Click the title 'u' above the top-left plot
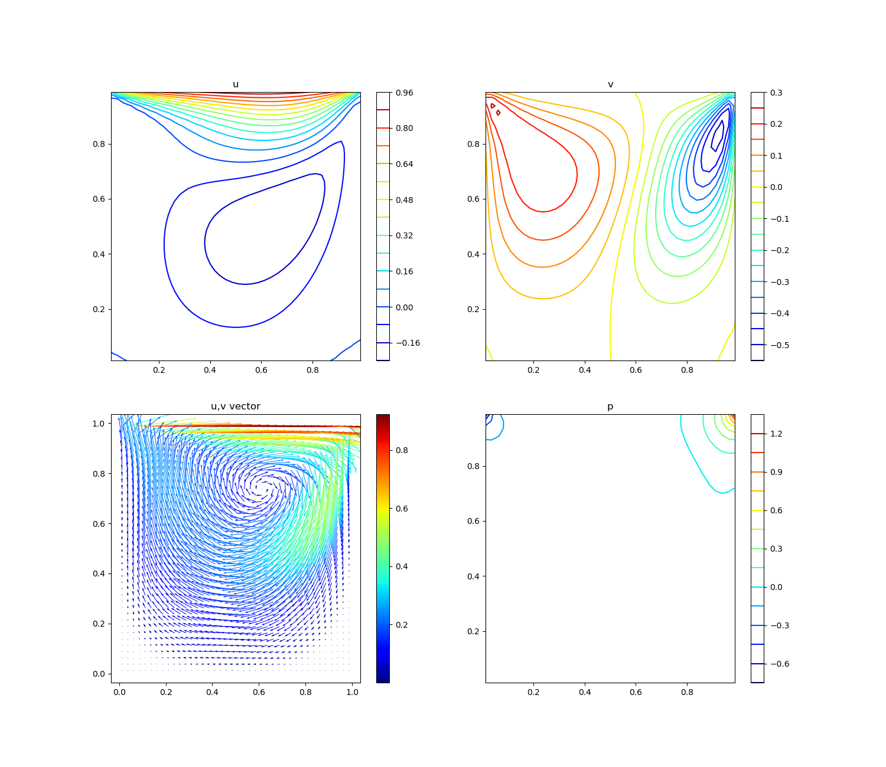click(236, 84)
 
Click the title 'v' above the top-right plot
click(610, 84)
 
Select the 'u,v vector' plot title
click(236, 407)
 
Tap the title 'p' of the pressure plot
click(610, 407)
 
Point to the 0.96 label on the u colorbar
click(405, 93)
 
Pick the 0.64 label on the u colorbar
click(405, 164)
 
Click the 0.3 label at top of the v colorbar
click(776, 93)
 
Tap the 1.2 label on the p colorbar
click(776, 434)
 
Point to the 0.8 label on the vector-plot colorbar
click(402, 450)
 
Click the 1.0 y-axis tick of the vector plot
click(99, 424)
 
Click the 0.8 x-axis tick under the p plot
click(687, 692)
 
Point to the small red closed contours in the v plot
click(496, 109)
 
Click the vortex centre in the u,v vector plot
click(260, 487)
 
